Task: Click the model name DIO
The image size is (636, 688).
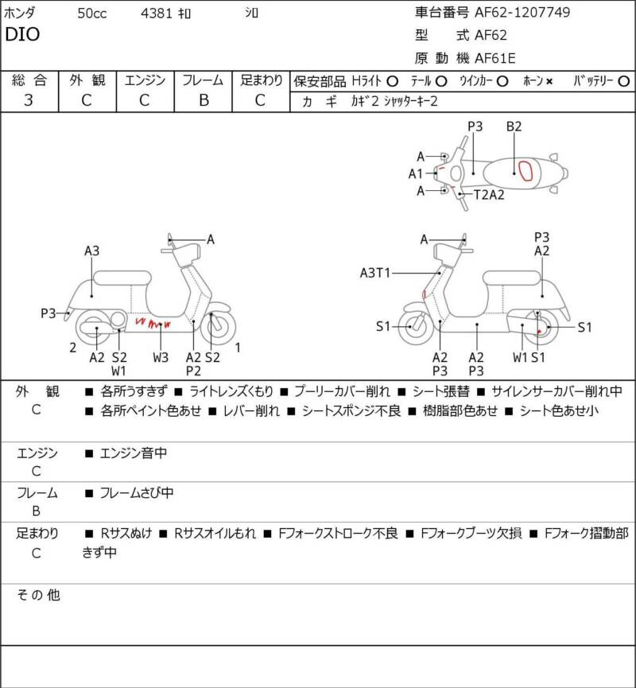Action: pyautogui.click(x=22, y=34)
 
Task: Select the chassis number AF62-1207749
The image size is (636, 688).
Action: pyautogui.click(x=522, y=12)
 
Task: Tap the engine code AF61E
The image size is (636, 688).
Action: pyautogui.click(x=495, y=58)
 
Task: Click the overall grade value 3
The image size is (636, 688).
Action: pyautogui.click(x=29, y=100)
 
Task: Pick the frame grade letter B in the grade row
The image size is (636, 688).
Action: pyautogui.click(x=204, y=100)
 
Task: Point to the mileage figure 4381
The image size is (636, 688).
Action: pyautogui.click(x=156, y=14)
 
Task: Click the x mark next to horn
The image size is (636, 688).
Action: pyautogui.click(x=549, y=82)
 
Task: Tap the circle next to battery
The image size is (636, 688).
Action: pyautogui.click(x=623, y=82)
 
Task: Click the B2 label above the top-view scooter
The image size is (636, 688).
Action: pyautogui.click(x=514, y=126)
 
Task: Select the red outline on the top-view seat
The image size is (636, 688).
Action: pyautogui.click(x=525, y=171)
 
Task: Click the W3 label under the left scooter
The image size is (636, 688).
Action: pyautogui.click(x=161, y=358)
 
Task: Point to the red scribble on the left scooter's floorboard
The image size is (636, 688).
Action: pyautogui.click(x=153, y=324)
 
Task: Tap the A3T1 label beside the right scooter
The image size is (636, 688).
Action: pyautogui.click(x=374, y=273)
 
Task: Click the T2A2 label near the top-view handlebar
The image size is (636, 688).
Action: pyautogui.click(x=489, y=194)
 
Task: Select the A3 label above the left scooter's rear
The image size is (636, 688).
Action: pyautogui.click(x=91, y=251)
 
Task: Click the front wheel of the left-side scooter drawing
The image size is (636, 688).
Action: pyautogui.click(x=218, y=326)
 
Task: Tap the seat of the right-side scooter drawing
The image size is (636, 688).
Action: pyautogui.click(x=511, y=278)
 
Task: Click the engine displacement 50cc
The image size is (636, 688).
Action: pyautogui.click(x=92, y=14)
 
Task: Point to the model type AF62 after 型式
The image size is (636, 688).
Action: pyautogui.click(x=491, y=35)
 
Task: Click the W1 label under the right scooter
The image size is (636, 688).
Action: pyautogui.click(x=520, y=358)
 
